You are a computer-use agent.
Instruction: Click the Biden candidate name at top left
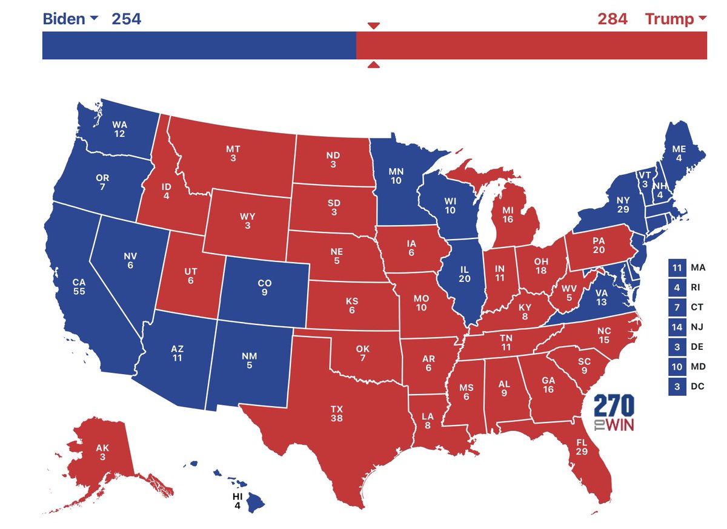64,19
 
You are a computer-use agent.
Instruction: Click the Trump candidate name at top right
669,19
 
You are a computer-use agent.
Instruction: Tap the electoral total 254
126,19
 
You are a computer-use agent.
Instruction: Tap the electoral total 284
612,19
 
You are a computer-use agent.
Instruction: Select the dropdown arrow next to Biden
94,18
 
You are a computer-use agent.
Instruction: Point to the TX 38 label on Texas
336,413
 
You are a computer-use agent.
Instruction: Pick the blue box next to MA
677,267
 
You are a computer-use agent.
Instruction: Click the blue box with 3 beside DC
677,387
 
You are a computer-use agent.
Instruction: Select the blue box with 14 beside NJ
677,327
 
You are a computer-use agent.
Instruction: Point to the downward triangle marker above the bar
374,25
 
